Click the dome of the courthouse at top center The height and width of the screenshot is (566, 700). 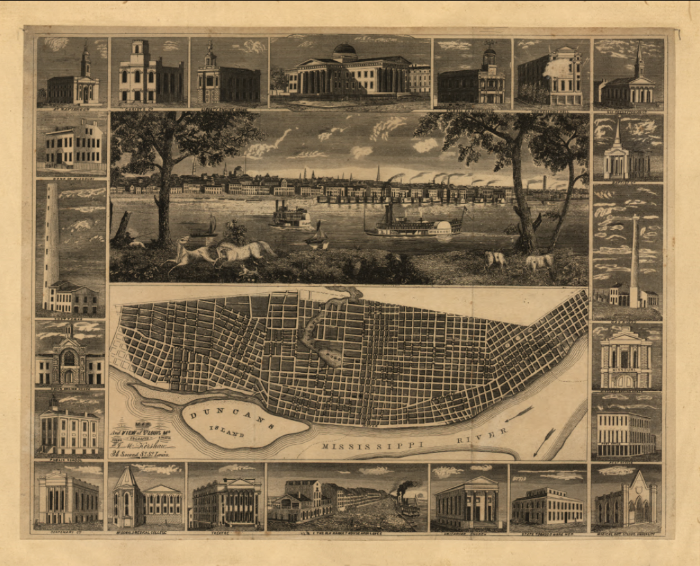[344, 50]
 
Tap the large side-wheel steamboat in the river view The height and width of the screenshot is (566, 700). [415, 222]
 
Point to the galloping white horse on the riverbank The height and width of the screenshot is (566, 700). [244, 250]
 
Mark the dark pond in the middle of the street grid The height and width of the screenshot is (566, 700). [329, 356]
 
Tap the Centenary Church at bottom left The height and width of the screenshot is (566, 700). [68, 500]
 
